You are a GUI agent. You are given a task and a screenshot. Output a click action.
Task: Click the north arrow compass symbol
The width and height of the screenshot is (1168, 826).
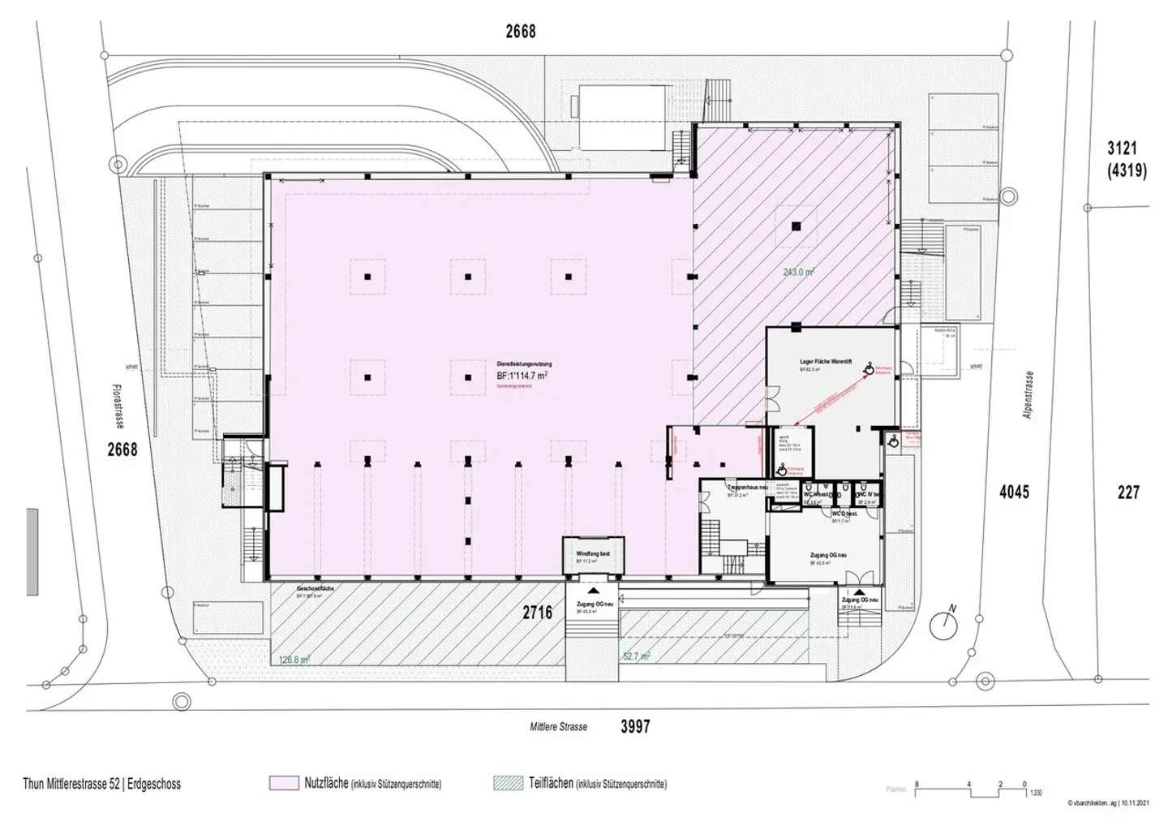(x=944, y=622)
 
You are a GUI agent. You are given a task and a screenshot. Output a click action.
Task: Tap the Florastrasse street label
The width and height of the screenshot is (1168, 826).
(x=118, y=406)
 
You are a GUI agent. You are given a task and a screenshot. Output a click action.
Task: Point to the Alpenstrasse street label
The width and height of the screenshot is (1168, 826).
(x=1028, y=396)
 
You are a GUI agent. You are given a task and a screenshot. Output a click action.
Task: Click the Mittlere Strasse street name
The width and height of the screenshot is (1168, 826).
(x=558, y=727)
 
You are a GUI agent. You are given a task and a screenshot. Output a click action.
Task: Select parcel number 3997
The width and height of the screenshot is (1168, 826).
(x=635, y=727)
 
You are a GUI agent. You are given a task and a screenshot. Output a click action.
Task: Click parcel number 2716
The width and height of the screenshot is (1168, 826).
(x=539, y=612)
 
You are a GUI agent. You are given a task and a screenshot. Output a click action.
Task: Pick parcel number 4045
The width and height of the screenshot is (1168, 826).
(x=1014, y=492)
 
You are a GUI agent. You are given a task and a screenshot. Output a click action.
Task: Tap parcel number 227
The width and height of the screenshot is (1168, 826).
(x=1128, y=492)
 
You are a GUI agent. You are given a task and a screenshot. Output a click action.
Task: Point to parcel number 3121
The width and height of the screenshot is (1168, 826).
(x=1123, y=148)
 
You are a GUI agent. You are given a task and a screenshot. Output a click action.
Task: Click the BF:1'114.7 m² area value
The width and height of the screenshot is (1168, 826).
(x=522, y=376)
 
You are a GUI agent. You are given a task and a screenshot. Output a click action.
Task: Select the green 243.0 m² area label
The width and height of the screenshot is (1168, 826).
(x=798, y=273)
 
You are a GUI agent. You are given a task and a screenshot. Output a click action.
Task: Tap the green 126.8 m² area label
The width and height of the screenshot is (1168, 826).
(x=294, y=660)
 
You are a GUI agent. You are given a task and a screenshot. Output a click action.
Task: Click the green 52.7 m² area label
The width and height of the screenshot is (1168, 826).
(x=636, y=656)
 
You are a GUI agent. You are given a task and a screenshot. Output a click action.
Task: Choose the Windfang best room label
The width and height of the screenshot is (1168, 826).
(x=593, y=553)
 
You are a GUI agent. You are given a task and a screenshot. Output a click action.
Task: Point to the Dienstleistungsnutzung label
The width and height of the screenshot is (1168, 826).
(x=524, y=364)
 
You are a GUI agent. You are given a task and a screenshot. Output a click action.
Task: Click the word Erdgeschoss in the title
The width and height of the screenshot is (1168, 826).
(x=153, y=785)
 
